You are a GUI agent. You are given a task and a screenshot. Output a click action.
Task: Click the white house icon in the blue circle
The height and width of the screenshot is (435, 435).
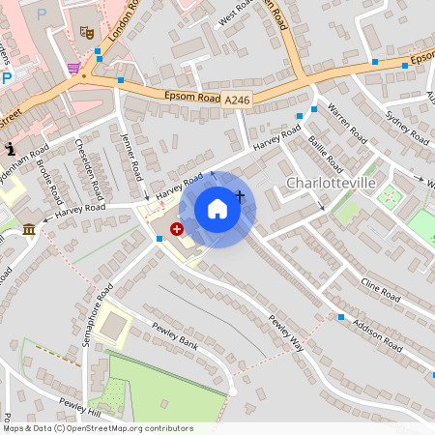[x=217, y=209]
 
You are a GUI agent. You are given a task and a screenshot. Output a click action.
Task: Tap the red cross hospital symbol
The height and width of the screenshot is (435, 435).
[x=177, y=229]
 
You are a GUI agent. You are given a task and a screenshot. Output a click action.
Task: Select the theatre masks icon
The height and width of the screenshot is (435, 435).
[x=86, y=32]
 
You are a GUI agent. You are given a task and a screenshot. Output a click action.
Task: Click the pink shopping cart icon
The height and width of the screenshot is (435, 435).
[x=74, y=68]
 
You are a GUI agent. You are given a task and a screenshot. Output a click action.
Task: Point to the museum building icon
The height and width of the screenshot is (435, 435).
[x=29, y=229]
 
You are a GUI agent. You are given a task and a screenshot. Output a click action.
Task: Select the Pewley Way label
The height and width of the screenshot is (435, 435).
[x=287, y=333]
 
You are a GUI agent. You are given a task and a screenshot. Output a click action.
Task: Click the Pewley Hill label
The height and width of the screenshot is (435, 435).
[x=79, y=405]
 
